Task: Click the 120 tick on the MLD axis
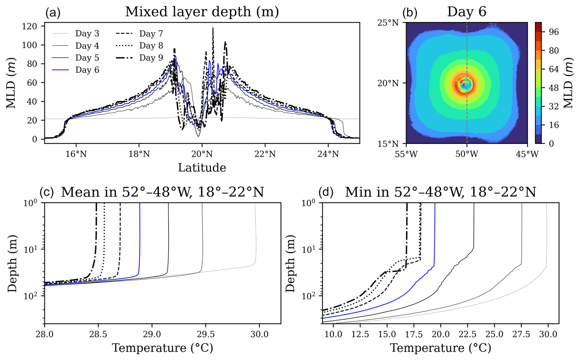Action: pos(29,26)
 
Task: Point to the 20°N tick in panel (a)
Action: pos(202,154)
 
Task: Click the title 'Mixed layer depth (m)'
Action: pos(202,12)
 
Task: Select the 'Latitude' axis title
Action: pos(202,168)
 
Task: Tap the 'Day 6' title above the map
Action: pos(467,12)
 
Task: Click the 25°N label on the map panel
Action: pos(388,23)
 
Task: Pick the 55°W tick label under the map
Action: pos(406,154)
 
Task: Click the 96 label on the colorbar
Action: pos(554,32)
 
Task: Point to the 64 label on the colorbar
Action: pos(554,69)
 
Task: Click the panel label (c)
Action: pos(47,192)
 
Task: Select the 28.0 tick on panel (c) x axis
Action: pos(45,334)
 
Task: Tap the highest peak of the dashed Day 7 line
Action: pos(213,28)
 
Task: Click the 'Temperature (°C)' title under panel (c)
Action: pos(162,348)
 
